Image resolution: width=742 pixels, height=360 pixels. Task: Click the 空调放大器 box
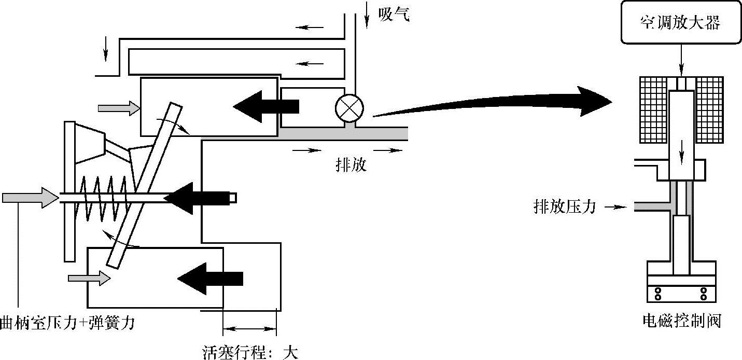point(680,23)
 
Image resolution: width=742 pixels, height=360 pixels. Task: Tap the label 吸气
point(394,15)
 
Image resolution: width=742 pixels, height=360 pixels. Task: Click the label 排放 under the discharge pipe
point(351,165)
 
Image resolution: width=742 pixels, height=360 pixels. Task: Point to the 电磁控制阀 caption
point(681,321)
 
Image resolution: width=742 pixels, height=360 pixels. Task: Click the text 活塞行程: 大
point(250,352)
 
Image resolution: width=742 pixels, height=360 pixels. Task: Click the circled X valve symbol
point(349,108)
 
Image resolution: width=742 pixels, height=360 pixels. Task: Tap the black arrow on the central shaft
point(200,198)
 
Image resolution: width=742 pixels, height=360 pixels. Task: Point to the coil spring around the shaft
point(104,198)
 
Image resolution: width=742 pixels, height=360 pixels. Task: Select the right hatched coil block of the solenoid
point(709,109)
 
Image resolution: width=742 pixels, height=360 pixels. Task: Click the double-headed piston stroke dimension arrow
point(249,329)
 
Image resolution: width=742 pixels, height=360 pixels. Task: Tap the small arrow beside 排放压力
point(612,207)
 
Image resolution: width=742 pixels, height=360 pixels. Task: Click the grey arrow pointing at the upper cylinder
point(119,108)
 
